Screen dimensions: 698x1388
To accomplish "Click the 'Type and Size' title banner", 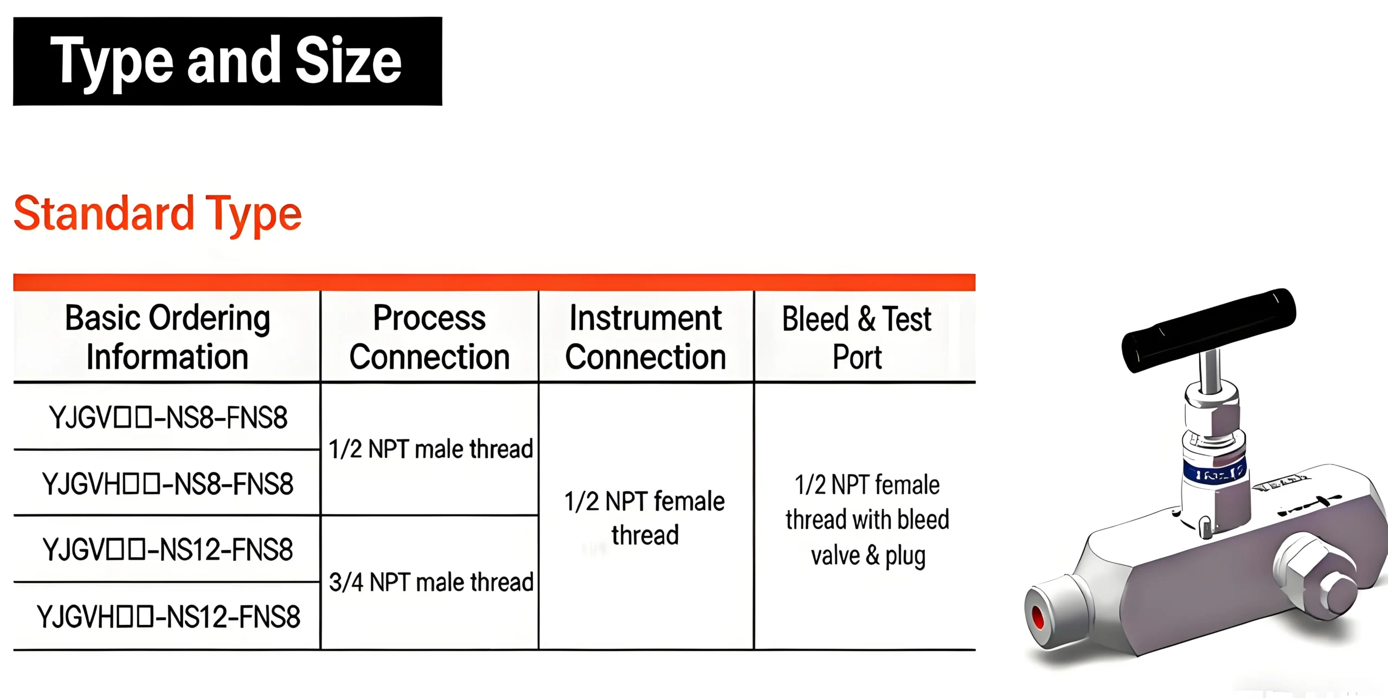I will tap(227, 61).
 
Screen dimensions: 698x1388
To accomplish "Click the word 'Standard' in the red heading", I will tap(103, 213).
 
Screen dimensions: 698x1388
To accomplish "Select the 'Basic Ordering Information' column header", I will tap(167, 337).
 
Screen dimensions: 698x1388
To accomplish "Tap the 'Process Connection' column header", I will tap(429, 337).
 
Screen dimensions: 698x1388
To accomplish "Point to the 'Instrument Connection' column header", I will tap(645, 337).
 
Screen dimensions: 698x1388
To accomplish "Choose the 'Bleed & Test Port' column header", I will tap(857, 337).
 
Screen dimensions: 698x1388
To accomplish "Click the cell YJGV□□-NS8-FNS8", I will tap(168, 418).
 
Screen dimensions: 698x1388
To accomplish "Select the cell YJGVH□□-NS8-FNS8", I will tap(168, 484).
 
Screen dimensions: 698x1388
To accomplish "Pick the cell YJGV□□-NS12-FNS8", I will tap(168, 550).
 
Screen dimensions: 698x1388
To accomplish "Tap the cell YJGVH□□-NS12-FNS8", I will tap(168, 617).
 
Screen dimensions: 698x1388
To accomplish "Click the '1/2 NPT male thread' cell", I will tap(430, 449).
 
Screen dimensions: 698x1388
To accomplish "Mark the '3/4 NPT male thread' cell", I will tap(430, 582).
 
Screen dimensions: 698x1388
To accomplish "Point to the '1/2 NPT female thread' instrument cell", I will tap(645, 517).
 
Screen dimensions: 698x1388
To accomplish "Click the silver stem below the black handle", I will tap(1210, 372).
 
